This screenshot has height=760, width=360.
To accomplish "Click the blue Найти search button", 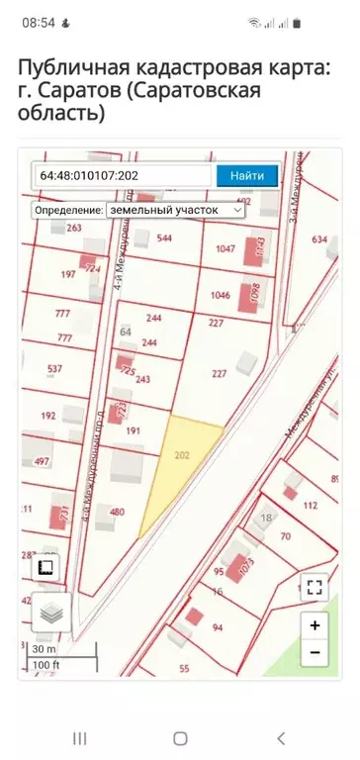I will click(x=247, y=175).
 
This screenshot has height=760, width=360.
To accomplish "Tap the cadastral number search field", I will click(x=123, y=175).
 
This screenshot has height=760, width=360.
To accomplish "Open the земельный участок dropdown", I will click(x=174, y=210).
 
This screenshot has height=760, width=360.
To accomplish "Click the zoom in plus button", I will click(x=315, y=625).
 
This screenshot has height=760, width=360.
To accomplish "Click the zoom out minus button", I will click(x=315, y=653).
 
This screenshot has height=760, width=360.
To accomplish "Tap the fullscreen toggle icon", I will click(x=315, y=587).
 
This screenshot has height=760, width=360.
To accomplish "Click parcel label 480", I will click(x=117, y=512).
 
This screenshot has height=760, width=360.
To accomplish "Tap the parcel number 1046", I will click(x=220, y=295).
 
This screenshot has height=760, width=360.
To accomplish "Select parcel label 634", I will click(x=319, y=239).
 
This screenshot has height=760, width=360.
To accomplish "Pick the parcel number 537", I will click(x=54, y=371).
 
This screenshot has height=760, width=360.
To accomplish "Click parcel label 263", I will click(x=73, y=228).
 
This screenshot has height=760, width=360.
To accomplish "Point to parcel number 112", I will click(x=310, y=505).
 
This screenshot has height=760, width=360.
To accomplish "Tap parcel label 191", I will click(x=134, y=430).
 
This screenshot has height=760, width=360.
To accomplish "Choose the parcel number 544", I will click(x=164, y=238).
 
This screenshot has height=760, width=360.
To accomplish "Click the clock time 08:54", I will click(x=38, y=21).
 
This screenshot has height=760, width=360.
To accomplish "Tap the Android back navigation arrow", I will click(x=281, y=738).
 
